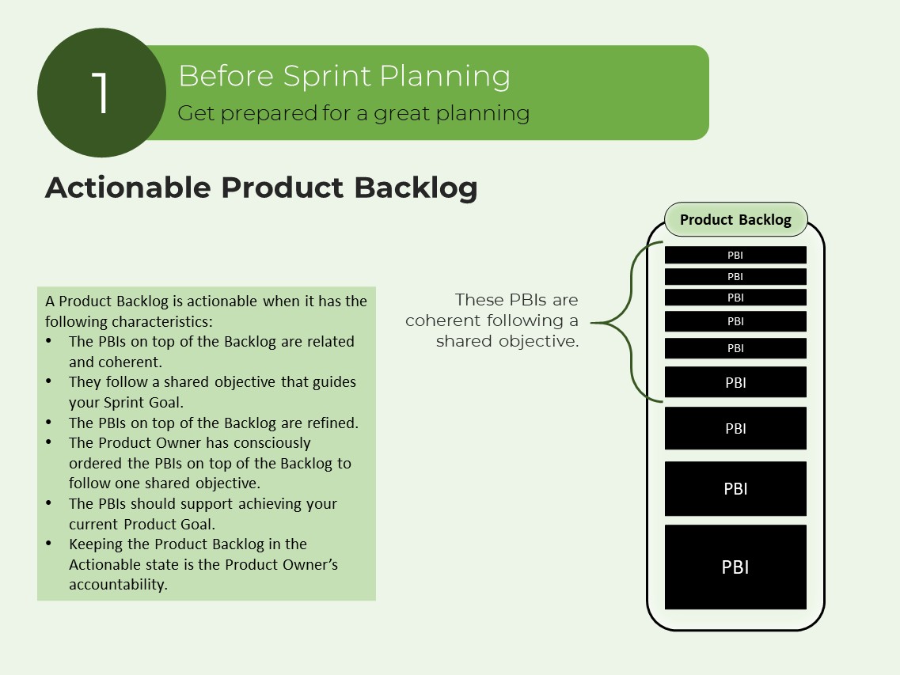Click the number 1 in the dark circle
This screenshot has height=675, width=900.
click(101, 93)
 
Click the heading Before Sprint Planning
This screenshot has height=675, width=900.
click(344, 76)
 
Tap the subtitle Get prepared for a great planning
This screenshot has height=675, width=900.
click(353, 113)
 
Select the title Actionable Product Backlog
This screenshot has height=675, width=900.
click(261, 188)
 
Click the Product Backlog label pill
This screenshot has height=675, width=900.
click(735, 220)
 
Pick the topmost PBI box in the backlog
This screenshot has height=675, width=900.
click(735, 255)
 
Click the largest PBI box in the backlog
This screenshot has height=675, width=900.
click(735, 567)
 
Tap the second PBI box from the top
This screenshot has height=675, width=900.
click(735, 276)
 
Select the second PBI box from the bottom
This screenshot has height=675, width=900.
click(735, 488)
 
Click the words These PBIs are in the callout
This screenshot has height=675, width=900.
click(516, 300)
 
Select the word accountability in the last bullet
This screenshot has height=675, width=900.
click(118, 585)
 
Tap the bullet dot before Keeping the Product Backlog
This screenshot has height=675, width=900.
click(50, 544)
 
